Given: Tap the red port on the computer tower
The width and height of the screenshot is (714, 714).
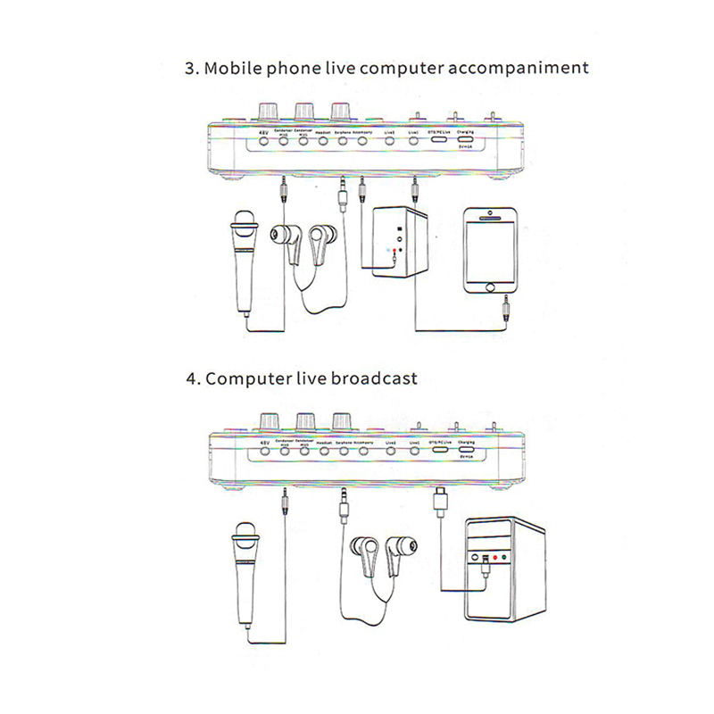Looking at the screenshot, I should coord(494,560).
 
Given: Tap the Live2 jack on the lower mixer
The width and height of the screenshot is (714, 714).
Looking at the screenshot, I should coord(391,452).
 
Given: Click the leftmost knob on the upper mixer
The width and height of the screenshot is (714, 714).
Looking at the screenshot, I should coord(267,111).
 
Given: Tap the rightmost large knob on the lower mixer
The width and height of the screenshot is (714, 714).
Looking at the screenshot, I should coord(341,420).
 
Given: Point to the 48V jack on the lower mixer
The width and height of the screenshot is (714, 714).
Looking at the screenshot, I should coord(264,452).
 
